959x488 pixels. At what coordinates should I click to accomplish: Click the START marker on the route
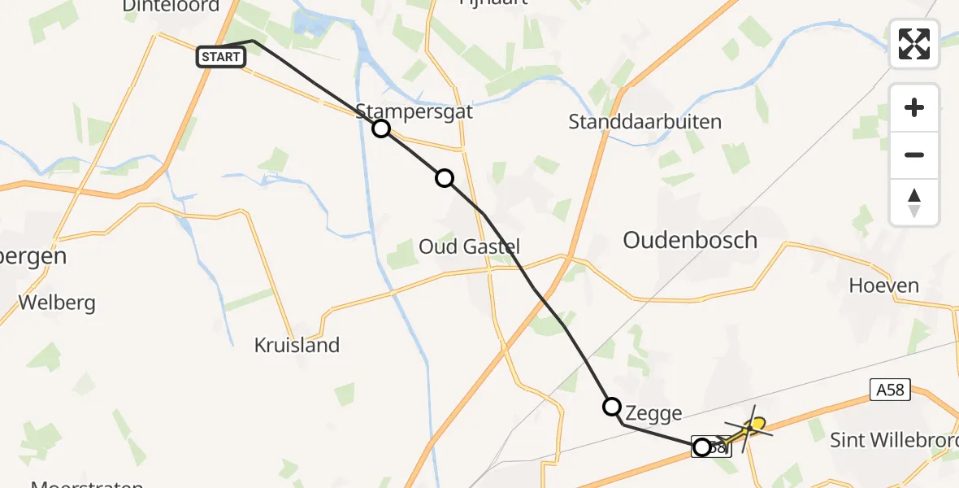tap(221, 57)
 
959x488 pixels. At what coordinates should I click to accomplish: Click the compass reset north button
tap(914, 203)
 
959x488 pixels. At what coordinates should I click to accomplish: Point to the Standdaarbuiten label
tap(645, 122)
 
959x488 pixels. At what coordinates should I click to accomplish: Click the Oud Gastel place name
tap(469, 246)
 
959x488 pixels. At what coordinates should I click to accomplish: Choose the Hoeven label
tap(883, 285)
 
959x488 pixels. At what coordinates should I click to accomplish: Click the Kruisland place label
tap(297, 345)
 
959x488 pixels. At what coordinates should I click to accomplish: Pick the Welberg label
tap(57, 303)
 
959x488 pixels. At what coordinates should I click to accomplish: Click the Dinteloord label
tap(171, 7)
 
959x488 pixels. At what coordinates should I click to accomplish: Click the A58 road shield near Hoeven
tap(891, 390)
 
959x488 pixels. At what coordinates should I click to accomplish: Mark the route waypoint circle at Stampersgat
tap(380, 129)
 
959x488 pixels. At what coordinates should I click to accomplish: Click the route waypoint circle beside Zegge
tap(611, 406)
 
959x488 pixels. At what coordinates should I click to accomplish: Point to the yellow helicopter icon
tap(752, 426)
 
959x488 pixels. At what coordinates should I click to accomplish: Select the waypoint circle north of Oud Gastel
tap(444, 177)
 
